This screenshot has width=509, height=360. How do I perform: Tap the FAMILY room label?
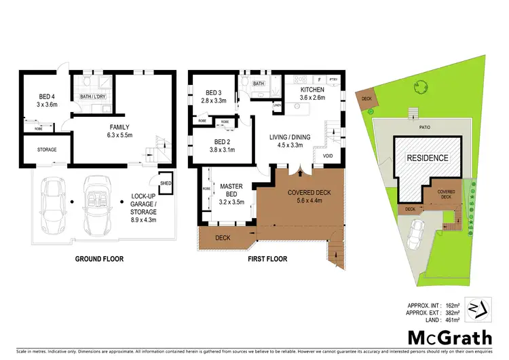point(120,127)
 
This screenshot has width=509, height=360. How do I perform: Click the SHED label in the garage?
point(165,183)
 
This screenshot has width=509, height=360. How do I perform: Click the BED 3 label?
point(214,92)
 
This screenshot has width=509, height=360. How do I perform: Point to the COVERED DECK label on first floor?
point(309,192)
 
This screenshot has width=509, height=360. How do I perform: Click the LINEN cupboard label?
point(277,106)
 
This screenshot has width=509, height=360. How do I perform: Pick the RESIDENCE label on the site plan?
point(428,158)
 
